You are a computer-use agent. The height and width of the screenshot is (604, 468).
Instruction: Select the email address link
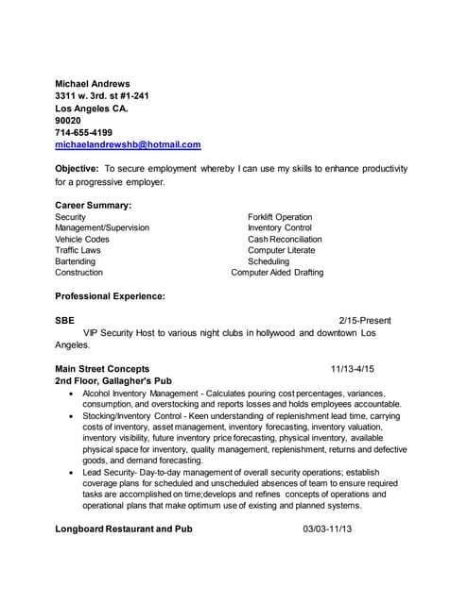(x=128, y=144)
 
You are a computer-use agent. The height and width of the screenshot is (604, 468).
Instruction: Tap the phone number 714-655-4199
(x=83, y=132)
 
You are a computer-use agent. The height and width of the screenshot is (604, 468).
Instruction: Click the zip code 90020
(x=68, y=121)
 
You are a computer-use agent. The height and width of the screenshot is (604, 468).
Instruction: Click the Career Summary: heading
(x=93, y=205)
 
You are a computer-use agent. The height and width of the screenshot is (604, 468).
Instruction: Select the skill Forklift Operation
(x=280, y=217)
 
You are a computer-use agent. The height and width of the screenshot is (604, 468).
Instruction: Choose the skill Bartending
(x=75, y=261)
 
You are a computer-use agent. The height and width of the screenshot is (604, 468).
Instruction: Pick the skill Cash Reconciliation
(x=285, y=239)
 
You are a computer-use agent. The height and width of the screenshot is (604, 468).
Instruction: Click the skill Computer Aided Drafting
(x=277, y=272)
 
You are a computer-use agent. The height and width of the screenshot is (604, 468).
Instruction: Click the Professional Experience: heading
(x=110, y=296)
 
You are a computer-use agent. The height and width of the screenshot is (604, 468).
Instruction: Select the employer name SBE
(x=64, y=321)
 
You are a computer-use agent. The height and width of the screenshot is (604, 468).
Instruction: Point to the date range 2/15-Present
(x=365, y=321)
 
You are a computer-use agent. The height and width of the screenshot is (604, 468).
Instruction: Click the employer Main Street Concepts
(x=101, y=368)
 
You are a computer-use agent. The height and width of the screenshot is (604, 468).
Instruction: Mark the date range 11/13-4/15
(x=352, y=368)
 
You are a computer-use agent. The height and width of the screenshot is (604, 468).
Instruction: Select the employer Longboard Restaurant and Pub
(x=123, y=529)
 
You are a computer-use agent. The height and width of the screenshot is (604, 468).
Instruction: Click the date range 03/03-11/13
(x=327, y=529)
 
